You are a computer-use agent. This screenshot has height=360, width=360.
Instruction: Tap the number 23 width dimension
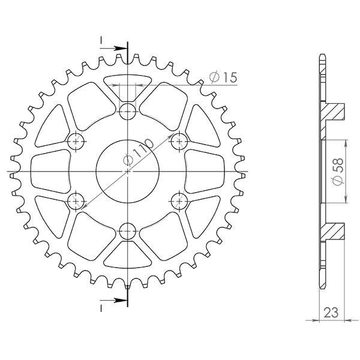(330, 312)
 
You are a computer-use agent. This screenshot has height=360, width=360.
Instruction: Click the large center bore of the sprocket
(128, 171)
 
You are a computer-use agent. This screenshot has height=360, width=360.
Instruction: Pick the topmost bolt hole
(128, 110)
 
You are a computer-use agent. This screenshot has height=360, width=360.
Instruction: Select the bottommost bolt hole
(128, 232)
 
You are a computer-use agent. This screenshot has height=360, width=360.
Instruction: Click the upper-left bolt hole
(76, 141)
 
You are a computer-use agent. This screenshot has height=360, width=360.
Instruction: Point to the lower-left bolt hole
(76, 202)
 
